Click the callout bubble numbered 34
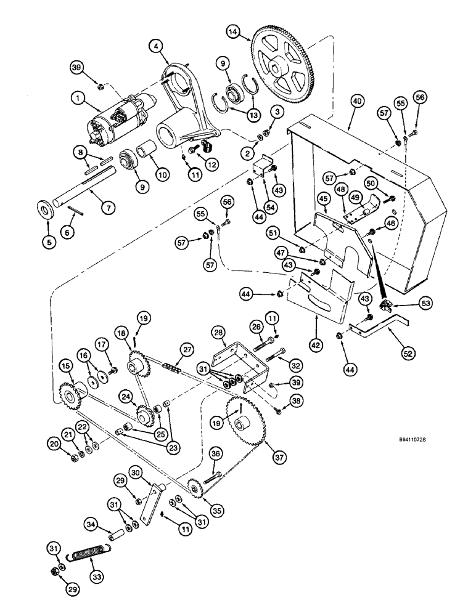click(x=91, y=524)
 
